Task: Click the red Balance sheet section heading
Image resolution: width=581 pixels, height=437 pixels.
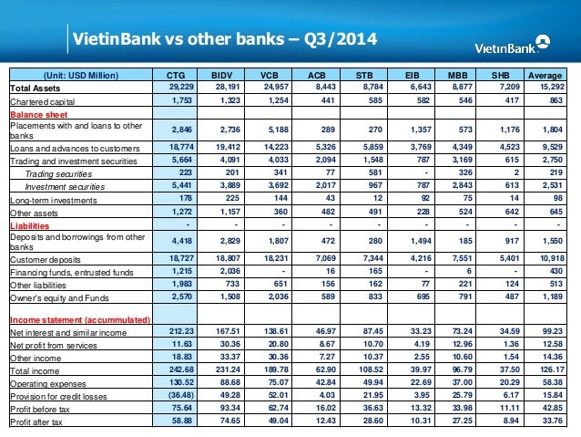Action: [36, 113]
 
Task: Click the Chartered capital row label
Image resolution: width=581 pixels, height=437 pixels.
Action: [44, 99]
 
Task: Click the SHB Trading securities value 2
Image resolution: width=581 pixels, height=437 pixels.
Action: [517, 172]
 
